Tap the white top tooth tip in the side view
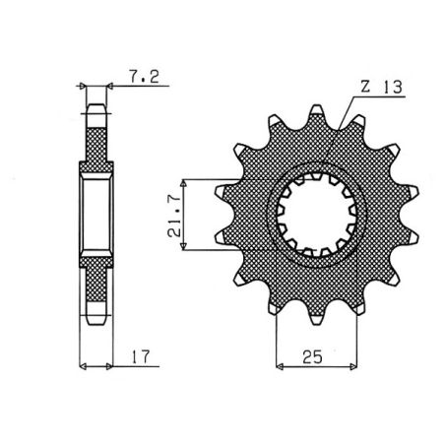point(96,111)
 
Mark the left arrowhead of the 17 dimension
point(83,366)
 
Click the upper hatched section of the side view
point(96,143)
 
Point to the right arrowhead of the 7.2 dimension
point(110,87)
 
